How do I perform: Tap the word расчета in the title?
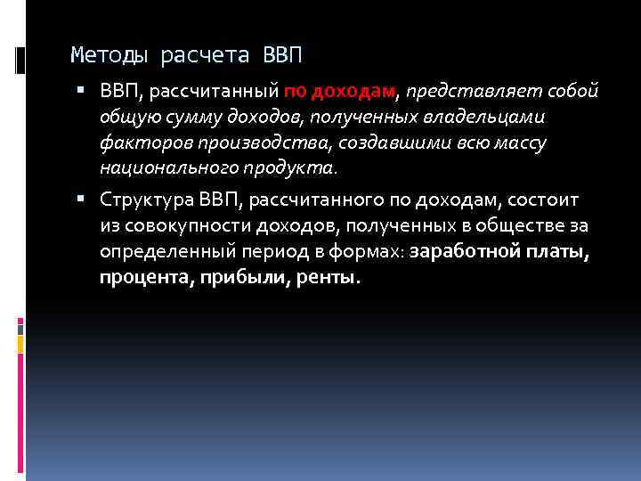click(x=207, y=56)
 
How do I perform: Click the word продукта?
click(x=288, y=167)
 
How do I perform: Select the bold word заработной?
click(x=464, y=252)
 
